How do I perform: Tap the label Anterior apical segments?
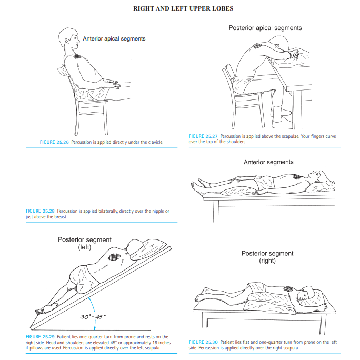(x=114, y=38)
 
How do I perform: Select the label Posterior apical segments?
(x=265, y=27)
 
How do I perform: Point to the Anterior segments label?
(x=268, y=162)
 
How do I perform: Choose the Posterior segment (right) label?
(x=267, y=257)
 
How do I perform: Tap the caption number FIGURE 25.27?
(x=203, y=136)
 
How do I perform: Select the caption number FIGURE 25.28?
(x=40, y=211)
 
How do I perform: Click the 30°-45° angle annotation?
(x=94, y=316)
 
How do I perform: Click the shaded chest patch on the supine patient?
(x=296, y=178)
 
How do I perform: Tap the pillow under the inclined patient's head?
(x=149, y=248)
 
